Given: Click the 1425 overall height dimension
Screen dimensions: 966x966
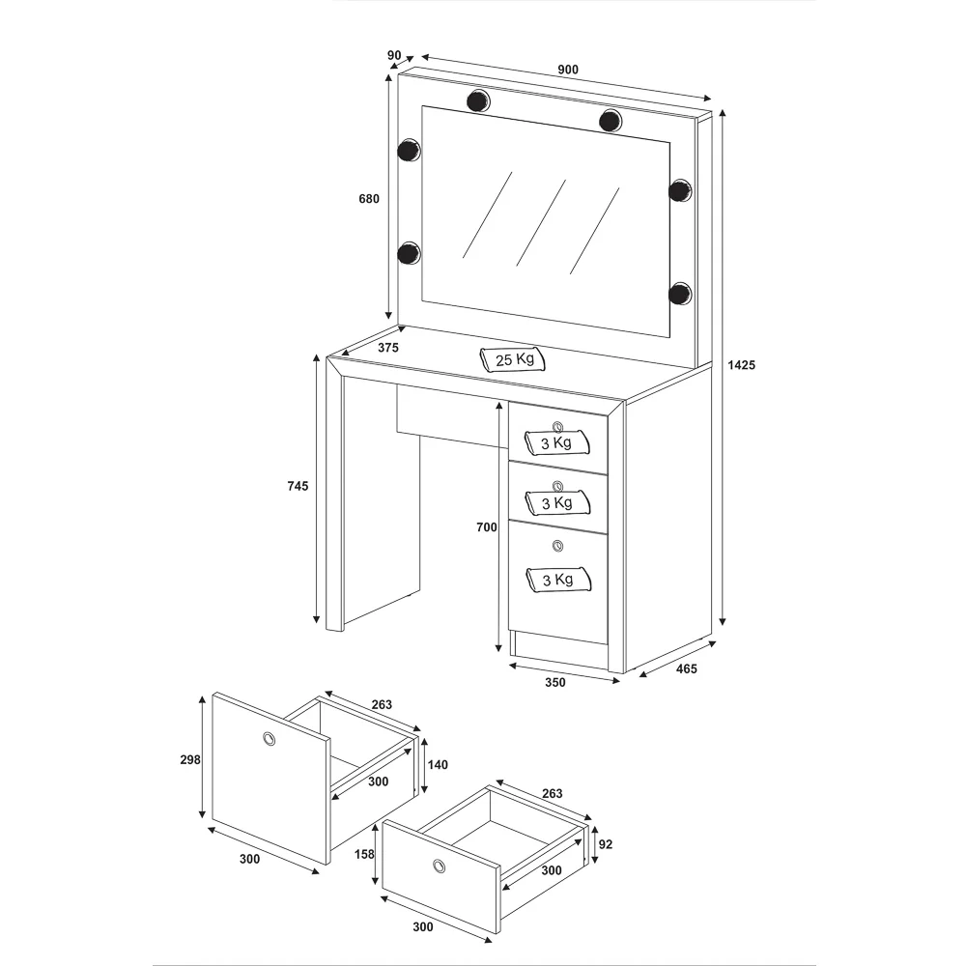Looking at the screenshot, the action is coord(741,365).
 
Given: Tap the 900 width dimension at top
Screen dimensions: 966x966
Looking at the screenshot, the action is coord(568,70).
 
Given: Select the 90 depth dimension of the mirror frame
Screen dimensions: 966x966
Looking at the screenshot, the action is coord(394,55).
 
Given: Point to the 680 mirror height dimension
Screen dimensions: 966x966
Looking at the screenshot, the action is coord(369,198).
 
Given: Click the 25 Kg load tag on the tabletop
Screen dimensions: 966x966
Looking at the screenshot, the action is coord(513,359).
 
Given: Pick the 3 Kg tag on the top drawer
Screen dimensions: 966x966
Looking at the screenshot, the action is coord(557,443).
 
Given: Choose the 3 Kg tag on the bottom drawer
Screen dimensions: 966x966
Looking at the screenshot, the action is coord(558,580).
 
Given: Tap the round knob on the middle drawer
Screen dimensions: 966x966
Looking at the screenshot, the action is coord(557,486).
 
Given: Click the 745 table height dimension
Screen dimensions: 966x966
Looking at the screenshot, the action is coord(298,486).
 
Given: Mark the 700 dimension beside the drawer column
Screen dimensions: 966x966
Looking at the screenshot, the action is coord(487,526).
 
